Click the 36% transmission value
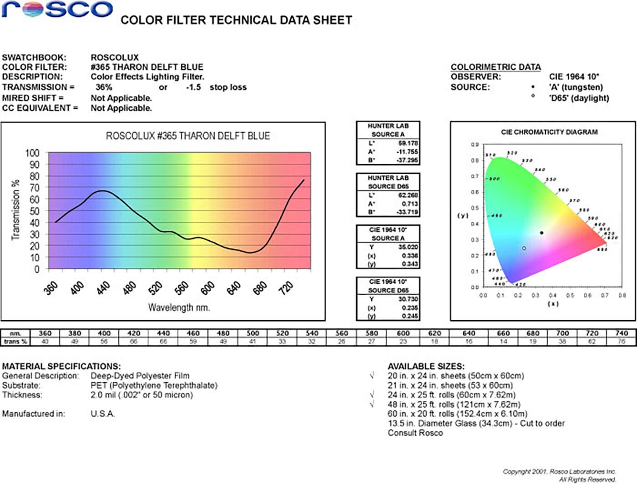point(104,87)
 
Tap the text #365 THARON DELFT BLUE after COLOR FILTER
point(147,67)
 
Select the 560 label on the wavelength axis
point(182,287)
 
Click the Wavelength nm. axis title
point(179,308)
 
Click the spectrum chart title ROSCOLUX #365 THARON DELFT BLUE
point(187,136)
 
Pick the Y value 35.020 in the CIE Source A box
point(408,247)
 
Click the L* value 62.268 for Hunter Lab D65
point(408,195)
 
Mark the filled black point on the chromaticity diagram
point(541,233)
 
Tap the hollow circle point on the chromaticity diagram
point(524,248)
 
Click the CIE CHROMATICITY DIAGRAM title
point(549,132)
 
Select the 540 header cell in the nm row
point(312,333)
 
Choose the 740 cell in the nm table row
point(622,333)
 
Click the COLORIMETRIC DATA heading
point(495,67)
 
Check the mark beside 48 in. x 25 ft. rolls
point(372,404)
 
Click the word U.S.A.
point(103,414)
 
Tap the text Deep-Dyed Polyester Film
point(140,376)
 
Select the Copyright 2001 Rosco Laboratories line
point(559,472)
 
